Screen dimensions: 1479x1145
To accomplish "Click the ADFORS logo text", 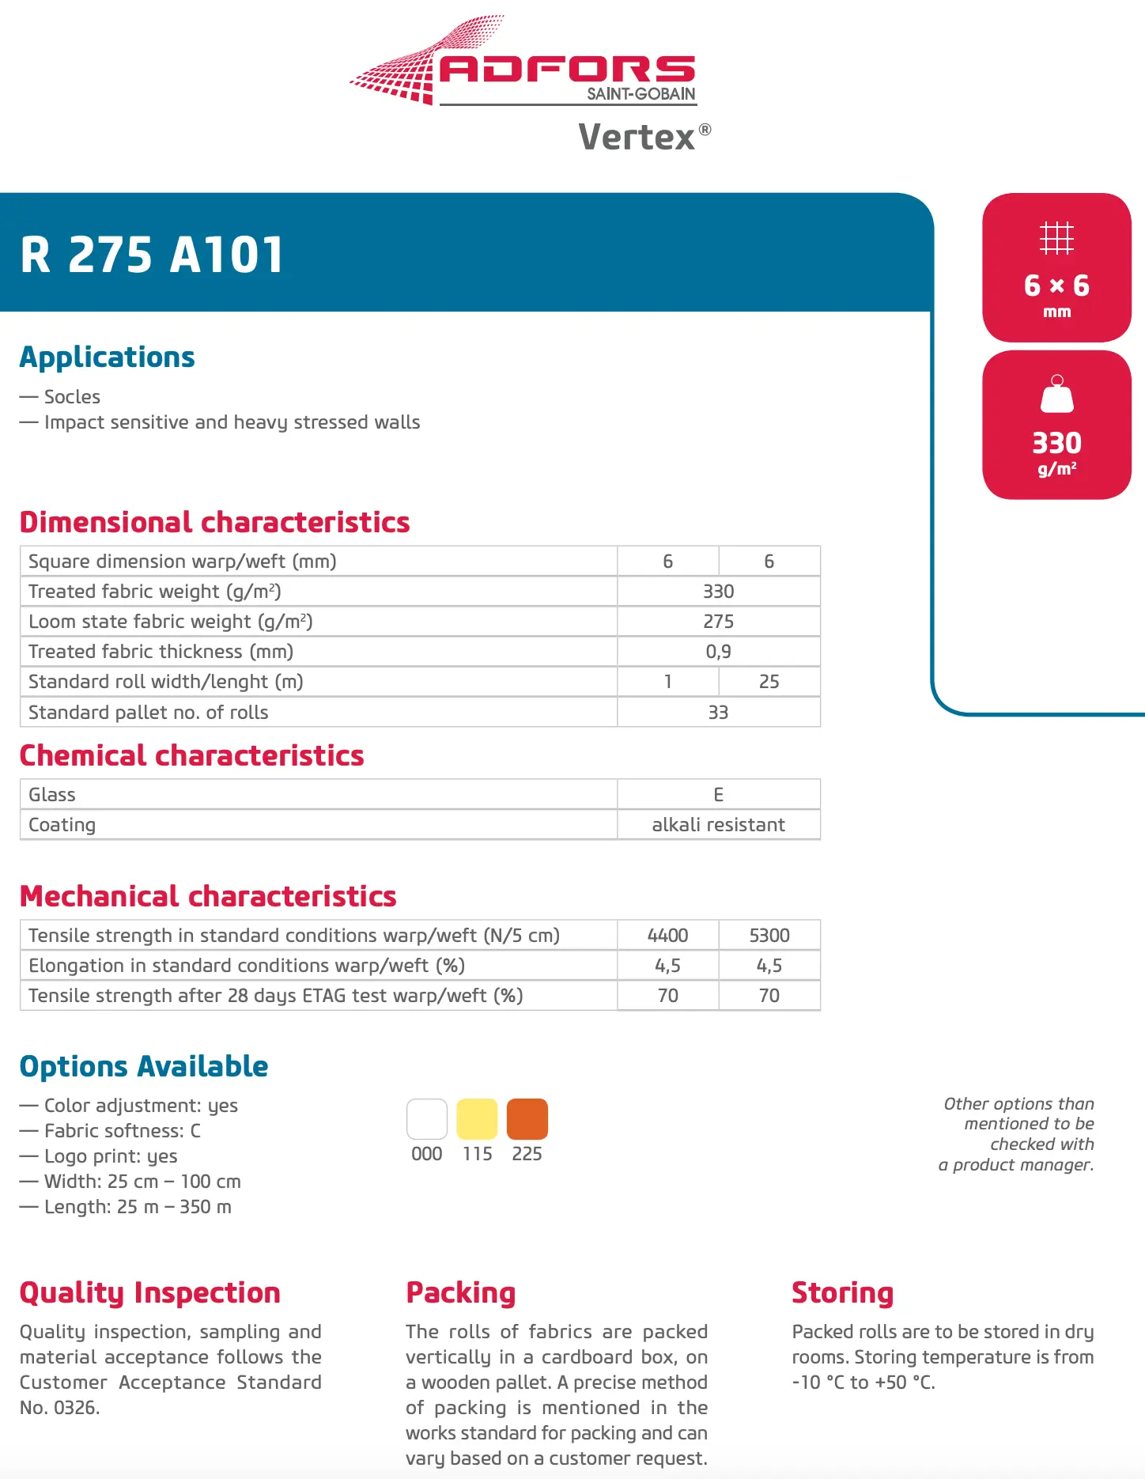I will tap(567, 69).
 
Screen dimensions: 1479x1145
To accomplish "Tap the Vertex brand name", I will tap(637, 137).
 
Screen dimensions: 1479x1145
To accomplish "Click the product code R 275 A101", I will tap(151, 255).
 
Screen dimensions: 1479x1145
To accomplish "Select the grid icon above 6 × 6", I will tap(1056, 237).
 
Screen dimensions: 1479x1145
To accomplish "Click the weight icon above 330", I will tap(1056, 394).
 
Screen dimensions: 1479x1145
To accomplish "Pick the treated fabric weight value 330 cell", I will tap(718, 592).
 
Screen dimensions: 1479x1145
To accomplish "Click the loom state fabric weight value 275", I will tap(718, 622).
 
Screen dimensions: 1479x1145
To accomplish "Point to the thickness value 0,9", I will tap(718, 652).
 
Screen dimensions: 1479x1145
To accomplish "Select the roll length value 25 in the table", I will tap(769, 682).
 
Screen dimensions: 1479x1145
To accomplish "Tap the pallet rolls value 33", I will tap(718, 713).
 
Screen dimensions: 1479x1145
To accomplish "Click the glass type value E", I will tap(718, 795).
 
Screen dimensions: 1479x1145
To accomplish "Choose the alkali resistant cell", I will tap(718, 825).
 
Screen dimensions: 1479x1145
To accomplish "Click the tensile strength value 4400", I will tap(667, 936).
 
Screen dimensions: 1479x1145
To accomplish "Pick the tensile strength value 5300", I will tap(769, 936).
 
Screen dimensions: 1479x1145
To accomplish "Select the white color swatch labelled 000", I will tap(427, 1119).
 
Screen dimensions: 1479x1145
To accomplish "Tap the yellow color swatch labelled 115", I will tap(477, 1119).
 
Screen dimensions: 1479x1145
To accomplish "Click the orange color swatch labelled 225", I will tap(527, 1119).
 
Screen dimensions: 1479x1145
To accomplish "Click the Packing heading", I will tap(460, 1292).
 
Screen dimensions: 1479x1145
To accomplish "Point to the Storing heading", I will tap(842, 1292).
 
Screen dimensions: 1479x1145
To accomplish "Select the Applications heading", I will tap(107, 357).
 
